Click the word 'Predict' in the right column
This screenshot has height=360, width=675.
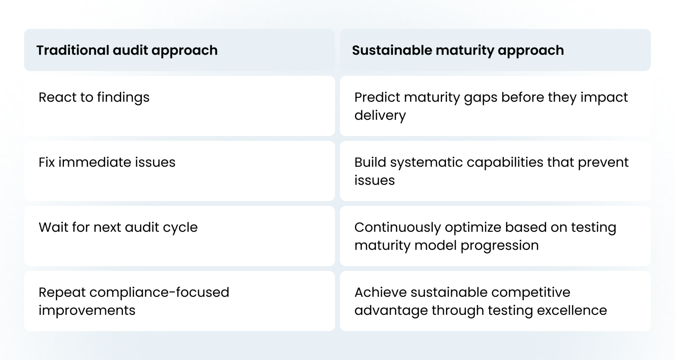click(376, 97)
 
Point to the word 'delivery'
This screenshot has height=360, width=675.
click(380, 116)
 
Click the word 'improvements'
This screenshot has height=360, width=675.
click(87, 310)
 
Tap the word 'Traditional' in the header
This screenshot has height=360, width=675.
click(73, 50)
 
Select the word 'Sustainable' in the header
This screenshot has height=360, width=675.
click(392, 50)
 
